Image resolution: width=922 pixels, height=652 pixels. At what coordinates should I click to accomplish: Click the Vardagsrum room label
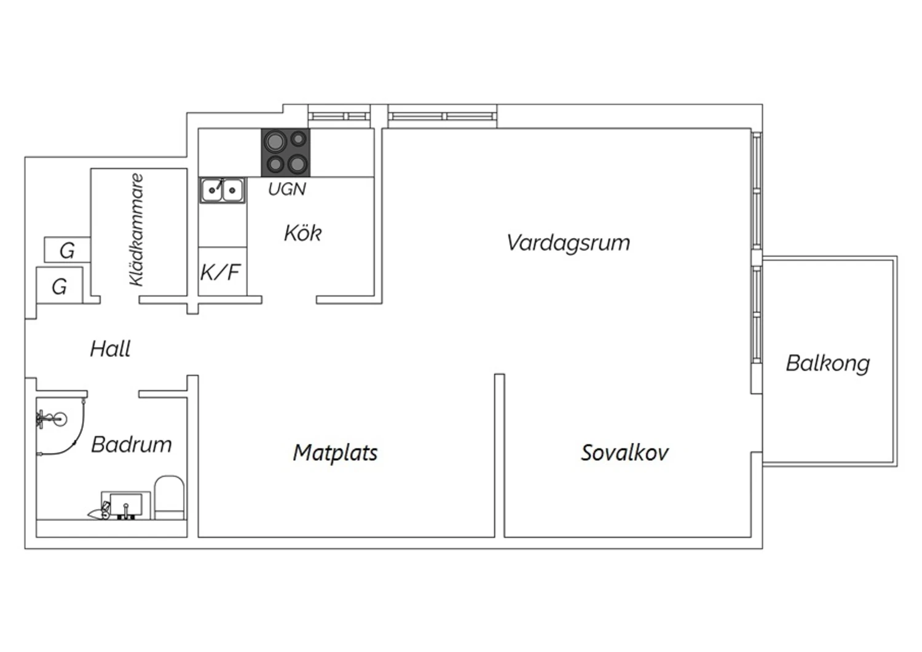pyautogui.click(x=568, y=243)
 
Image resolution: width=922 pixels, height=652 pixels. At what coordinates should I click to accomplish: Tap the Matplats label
pyautogui.click(x=335, y=453)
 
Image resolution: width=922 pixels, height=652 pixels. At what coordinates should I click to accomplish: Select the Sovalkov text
pyautogui.click(x=625, y=453)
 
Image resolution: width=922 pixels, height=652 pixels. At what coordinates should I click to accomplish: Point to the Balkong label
pyautogui.click(x=828, y=364)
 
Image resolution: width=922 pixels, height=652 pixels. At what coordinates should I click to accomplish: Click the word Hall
pyautogui.click(x=110, y=349)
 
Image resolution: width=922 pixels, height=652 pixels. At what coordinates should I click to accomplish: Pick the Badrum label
pyautogui.click(x=132, y=445)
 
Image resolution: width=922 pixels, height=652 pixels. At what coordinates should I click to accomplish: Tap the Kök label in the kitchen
pyautogui.click(x=302, y=233)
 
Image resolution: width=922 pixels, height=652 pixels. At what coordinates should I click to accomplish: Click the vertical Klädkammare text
pyautogui.click(x=136, y=229)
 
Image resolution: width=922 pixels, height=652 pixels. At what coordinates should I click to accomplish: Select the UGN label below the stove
pyautogui.click(x=287, y=189)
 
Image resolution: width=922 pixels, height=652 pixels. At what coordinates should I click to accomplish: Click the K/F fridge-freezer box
pyautogui.click(x=223, y=271)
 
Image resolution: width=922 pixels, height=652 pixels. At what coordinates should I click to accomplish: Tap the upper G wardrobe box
pyautogui.click(x=67, y=249)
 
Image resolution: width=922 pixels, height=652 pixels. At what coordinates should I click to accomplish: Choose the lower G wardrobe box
pyautogui.click(x=60, y=285)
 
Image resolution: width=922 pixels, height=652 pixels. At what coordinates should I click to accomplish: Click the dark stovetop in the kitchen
pyautogui.click(x=286, y=153)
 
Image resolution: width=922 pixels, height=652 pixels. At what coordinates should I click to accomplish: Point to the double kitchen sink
pyautogui.click(x=223, y=190)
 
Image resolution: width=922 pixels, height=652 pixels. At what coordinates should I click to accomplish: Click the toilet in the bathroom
pyautogui.click(x=169, y=498)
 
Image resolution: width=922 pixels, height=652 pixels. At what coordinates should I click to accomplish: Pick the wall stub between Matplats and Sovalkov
pyautogui.click(x=499, y=456)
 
